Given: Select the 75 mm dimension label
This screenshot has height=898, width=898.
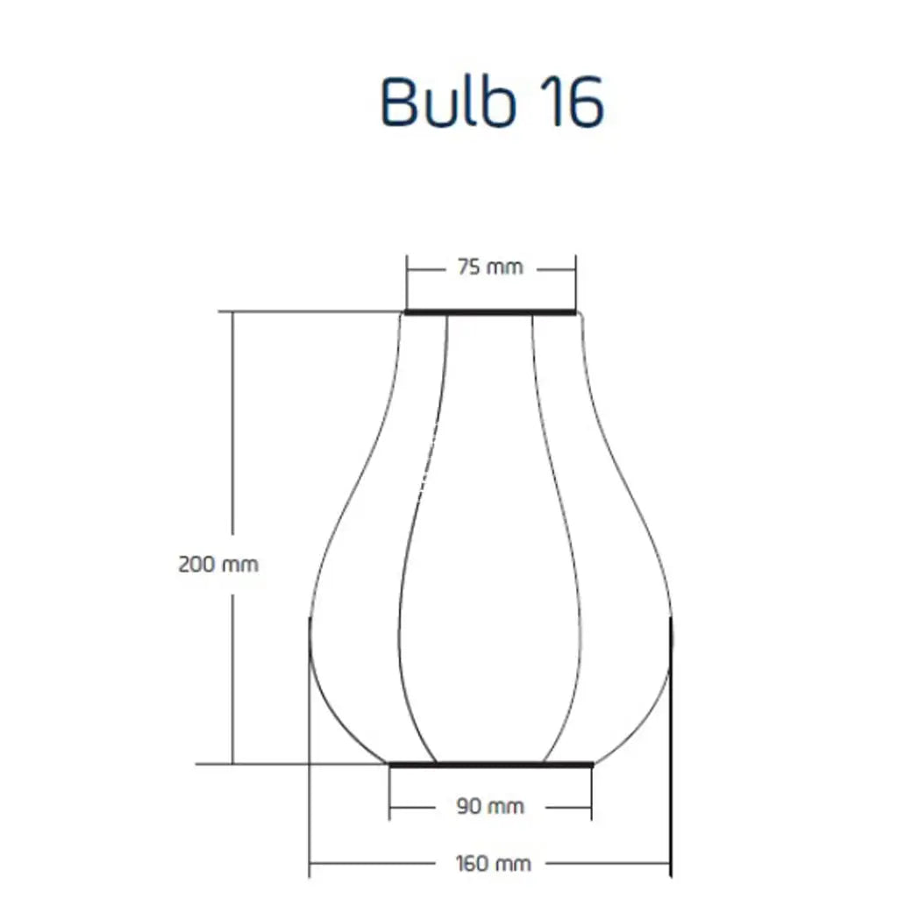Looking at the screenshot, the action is (490, 267).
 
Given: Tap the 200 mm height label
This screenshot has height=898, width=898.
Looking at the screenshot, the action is (218, 565).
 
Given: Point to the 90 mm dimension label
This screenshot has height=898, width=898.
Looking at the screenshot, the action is (490, 807).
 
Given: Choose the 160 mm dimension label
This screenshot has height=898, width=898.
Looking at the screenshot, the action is (493, 863).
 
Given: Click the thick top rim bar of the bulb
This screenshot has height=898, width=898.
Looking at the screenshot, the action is (490, 312).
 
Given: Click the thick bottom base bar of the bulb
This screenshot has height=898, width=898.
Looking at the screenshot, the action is (491, 765).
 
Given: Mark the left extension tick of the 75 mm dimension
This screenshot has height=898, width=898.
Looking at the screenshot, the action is (407, 282).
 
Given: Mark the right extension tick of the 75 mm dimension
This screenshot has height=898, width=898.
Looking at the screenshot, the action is (575, 282).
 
